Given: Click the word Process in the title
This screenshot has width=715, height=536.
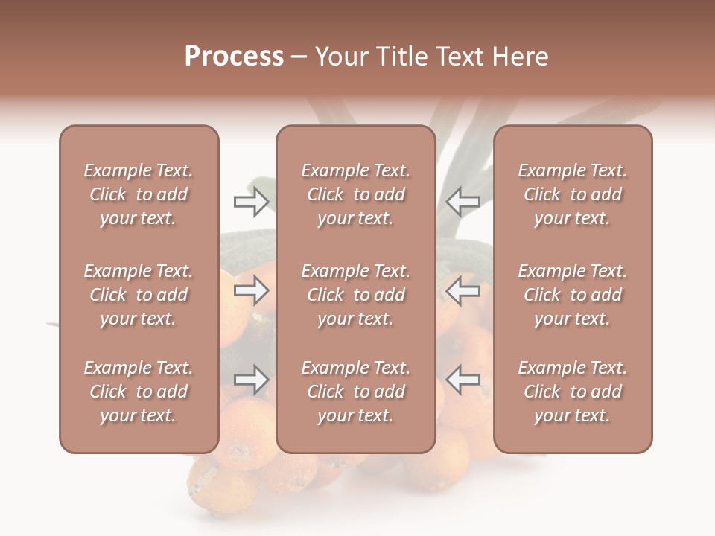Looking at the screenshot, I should pos(234,57).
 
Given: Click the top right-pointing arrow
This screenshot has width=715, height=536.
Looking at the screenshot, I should pos(251,202).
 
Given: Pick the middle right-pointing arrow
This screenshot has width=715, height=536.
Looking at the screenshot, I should pos(251,290).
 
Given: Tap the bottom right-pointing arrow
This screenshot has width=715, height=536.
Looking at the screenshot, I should pos(251,380).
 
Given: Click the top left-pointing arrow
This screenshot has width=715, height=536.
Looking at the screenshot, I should pos(463,202).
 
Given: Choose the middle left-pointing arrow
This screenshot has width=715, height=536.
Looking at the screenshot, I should pos(463,290).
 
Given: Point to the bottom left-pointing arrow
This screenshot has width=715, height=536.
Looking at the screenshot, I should pos(463,380).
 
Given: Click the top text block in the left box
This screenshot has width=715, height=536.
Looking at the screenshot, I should pos(139,194).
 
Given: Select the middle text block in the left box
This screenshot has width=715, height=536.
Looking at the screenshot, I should pos(139,295).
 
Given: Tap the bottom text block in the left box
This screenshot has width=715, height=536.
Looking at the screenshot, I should pos(139,392).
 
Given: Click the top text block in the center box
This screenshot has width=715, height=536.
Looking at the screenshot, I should pos(355,194).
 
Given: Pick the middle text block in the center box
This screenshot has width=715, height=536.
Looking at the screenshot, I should pos(355,295).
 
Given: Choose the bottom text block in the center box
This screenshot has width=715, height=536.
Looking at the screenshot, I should pos(355,392).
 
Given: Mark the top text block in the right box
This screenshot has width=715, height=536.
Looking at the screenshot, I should pos(572,194).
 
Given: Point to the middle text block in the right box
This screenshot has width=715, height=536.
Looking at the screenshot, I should pos(572,295).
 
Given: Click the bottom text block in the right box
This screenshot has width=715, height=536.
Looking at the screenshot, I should pos(572,392).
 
